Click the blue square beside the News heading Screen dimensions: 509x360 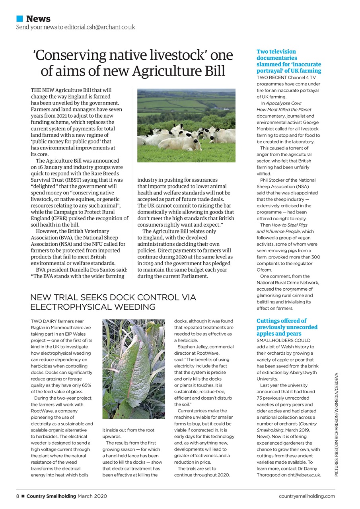pyautogui.click(x=19, y=19)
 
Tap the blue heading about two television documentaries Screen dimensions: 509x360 pyautogui.click(x=288, y=61)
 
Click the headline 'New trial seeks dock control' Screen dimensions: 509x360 pyautogui.click(x=113, y=302)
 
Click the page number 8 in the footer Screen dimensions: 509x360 pyautogui.click(x=18, y=496)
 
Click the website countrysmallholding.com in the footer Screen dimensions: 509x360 pyautogui.click(x=307, y=496)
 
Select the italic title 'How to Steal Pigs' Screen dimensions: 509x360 pyautogui.click(x=290, y=225)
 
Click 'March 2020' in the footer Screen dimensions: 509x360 pyautogui.click(x=92, y=496)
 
